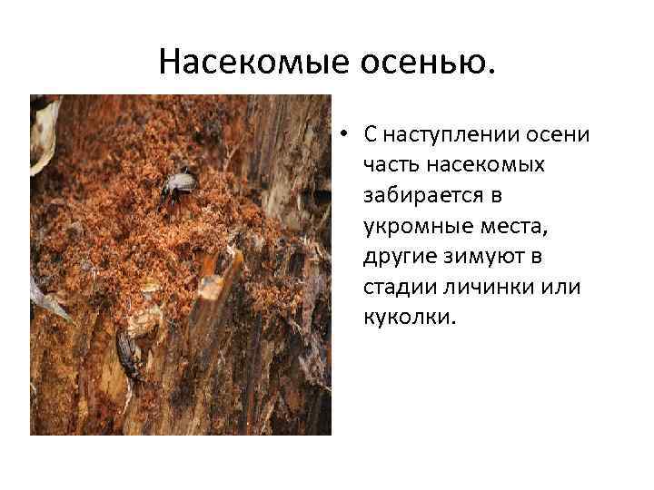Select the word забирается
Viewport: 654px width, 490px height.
coord(419,195)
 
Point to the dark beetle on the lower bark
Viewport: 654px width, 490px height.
coord(130,356)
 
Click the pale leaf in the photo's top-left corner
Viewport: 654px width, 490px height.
coord(43,136)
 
